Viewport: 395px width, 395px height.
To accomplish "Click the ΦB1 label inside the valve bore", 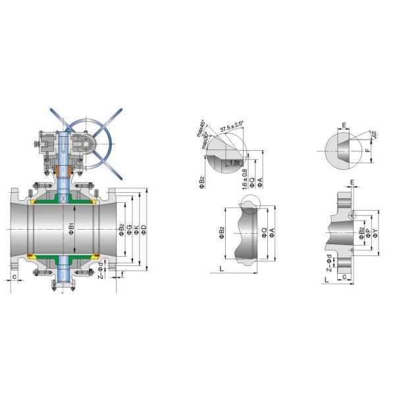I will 71,228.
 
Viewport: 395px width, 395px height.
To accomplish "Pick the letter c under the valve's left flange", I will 14,276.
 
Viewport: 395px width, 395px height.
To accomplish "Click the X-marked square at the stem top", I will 64,198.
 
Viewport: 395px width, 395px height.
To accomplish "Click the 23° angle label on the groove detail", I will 373,137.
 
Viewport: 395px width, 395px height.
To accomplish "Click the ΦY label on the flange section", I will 375,231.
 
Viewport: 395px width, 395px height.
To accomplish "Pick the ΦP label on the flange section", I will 368,231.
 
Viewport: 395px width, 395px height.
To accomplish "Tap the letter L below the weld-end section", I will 222,270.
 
